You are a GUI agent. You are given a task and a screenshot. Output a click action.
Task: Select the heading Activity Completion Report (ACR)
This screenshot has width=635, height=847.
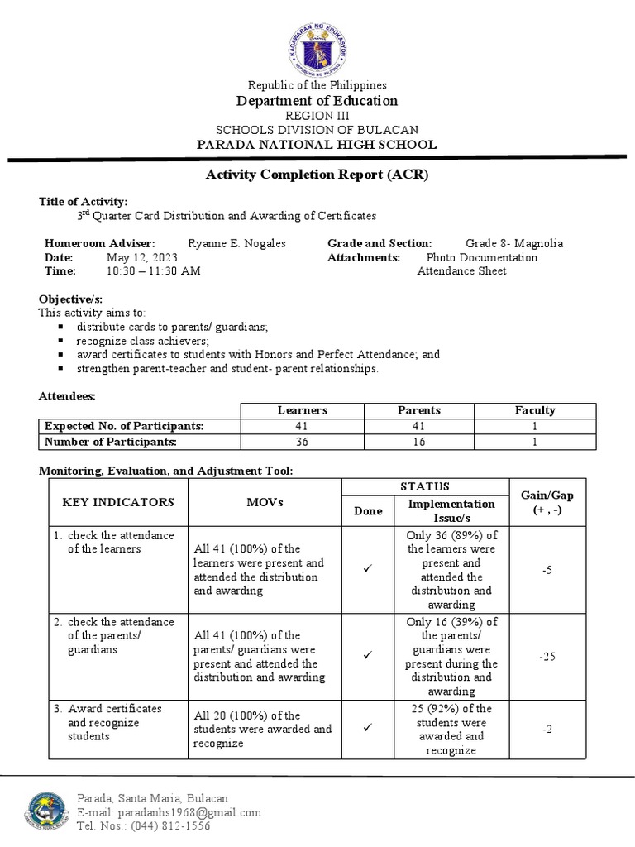[x=317, y=175]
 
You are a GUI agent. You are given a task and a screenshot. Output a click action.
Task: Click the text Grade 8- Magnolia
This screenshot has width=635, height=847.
[x=513, y=243]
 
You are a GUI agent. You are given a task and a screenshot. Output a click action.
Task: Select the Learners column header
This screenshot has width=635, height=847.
[x=303, y=410]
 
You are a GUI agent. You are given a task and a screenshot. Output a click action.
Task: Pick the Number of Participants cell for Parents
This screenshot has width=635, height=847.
[x=419, y=442]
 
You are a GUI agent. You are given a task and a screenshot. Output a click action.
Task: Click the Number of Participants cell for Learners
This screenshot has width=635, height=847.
[x=303, y=442]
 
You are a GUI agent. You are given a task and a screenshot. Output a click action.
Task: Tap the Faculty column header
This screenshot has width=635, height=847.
[x=535, y=410]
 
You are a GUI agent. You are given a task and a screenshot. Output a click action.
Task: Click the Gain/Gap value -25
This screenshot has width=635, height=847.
[x=547, y=657]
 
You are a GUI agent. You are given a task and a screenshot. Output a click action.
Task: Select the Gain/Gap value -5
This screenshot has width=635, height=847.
[x=547, y=571]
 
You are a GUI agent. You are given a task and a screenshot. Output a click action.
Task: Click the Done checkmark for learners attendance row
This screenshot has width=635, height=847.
[x=369, y=571]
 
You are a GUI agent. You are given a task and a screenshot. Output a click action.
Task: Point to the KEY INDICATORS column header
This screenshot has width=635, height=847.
[x=118, y=501]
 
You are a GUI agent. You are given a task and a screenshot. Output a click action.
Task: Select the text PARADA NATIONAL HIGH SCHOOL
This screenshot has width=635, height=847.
[x=317, y=145]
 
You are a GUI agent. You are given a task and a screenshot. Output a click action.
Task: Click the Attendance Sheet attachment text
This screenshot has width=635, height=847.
[x=461, y=270]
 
